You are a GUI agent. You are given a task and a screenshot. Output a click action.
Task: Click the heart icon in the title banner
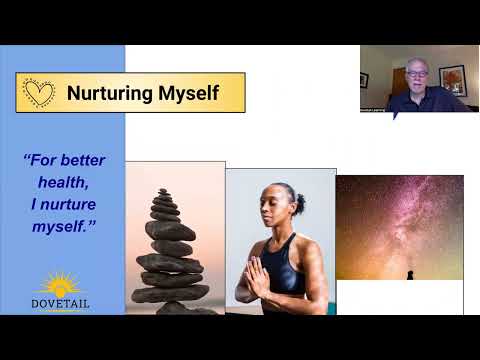tap(39, 92)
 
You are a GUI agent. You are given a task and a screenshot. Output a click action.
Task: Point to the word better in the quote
tap(83, 160)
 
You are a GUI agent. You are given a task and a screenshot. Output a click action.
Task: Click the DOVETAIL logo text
tap(62, 299)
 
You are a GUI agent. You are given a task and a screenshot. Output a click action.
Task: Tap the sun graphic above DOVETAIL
tap(62, 281)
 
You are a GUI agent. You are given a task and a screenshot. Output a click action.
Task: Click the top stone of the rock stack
tap(164, 192)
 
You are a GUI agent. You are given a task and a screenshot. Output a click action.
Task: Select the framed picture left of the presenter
tap(364, 79)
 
